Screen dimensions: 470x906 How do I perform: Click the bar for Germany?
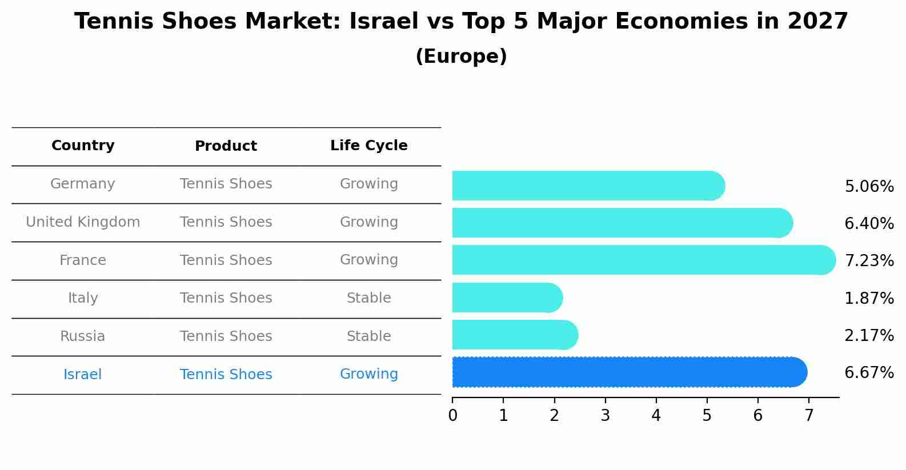tap(588, 186)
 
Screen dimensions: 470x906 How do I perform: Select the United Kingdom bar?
tap(622, 223)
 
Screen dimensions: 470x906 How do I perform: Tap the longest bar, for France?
tap(643, 260)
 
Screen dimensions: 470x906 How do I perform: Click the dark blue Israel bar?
tap(629, 372)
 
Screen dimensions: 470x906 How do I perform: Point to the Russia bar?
tap(515, 335)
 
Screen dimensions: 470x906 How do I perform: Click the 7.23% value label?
tap(869, 261)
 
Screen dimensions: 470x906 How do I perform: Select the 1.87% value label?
tap(869, 298)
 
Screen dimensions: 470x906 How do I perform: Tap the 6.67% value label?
tap(869, 373)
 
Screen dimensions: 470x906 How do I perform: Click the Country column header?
tap(83, 146)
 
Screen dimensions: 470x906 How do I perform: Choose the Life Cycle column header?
tap(369, 146)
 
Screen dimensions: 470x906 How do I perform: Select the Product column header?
tap(226, 146)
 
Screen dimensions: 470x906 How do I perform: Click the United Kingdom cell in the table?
tap(83, 222)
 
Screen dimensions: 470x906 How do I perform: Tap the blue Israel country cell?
tap(83, 375)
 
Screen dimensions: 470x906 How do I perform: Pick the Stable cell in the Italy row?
tap(369, 298)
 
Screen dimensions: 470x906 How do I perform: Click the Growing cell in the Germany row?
tap(369, 184)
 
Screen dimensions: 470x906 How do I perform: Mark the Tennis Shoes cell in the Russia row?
tap(226, 336)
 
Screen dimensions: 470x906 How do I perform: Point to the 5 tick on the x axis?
tap(707, 415)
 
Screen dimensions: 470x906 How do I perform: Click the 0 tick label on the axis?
tap(452, 415)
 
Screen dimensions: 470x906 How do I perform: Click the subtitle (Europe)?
tap(461, 57)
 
